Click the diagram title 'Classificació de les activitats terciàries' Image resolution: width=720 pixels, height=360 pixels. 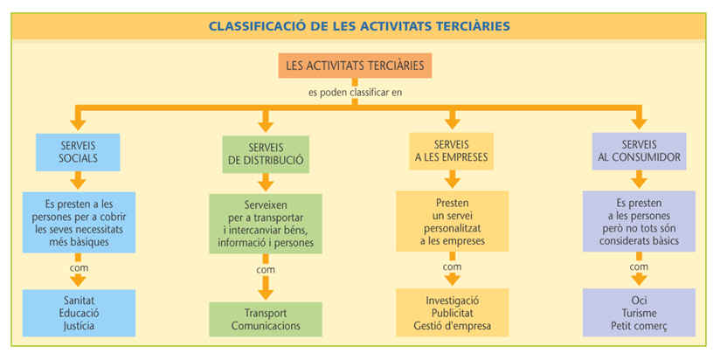pyautogui.click(x=359, y=26)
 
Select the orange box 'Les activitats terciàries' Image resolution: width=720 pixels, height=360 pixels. pyautogui.click(x=355, y=66)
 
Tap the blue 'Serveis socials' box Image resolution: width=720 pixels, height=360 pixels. pyautogui.click(x=78, y=151)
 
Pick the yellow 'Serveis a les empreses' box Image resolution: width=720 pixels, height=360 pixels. pyautogui.click(x=452, y=151)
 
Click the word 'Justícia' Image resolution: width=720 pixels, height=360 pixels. pyautogui.click(x=79, y=326)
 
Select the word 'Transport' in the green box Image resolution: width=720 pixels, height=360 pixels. pyautogui.click(x=266, y=312)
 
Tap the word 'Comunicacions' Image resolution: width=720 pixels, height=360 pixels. pyautogui.click(x=266, y=325)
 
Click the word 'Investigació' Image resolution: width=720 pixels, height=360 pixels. pyautogui.click(x=452, y=300)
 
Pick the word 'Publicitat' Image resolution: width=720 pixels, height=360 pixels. pyautogui.click(x=452, y=313)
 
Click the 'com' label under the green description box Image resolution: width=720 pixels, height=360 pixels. pyautogui.click(x=266, y=270)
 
